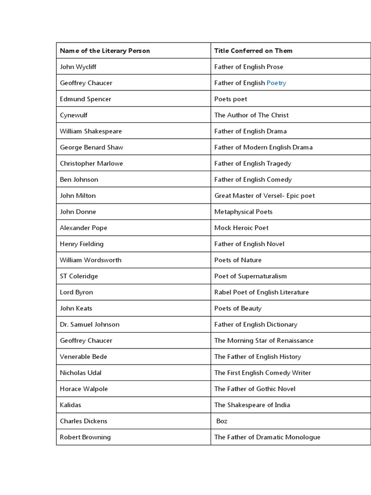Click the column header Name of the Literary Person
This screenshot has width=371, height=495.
click(x=105, y=51)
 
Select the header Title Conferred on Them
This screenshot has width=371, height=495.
click(x=253, y=51)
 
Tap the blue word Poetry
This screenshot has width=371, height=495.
click(x=276, y=83)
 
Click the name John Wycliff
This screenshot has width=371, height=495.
click(x=78, y=67)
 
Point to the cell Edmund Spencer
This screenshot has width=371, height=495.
click(x=86, y=99)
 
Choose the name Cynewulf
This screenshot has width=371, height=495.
click(x=73, y=115)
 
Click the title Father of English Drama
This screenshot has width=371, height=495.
click(x=250, y=131)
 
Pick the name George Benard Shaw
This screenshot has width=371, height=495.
click(x=91, y=147)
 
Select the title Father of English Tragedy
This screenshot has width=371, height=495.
click(x=253, y=163)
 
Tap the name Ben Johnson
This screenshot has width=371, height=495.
click(x=79, y=179)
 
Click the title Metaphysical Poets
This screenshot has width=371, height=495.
click(x=243, y=212)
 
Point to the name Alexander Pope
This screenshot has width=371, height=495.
click(x=84, y=228)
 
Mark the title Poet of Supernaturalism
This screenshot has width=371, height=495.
click(x=250, y=276)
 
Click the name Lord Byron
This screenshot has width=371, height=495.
click(x=76, y=292)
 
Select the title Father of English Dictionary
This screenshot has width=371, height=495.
click(x=256, y=324)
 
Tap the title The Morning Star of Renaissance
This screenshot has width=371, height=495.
click(x=264, y=340)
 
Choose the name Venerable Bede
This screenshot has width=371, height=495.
click(x=84, y=357)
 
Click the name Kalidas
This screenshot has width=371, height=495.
click(x=71, y=405)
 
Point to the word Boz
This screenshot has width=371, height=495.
click(x=222, y=421)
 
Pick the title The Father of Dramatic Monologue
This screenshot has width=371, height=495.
click(x=267, y=437)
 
